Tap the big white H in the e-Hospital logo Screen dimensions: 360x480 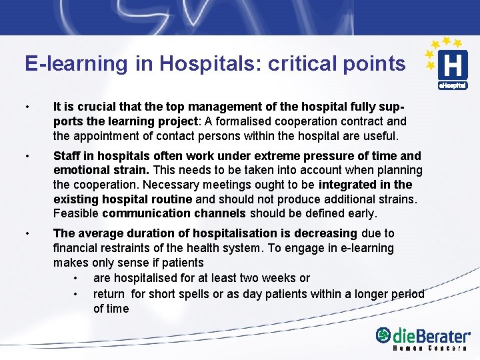click(453, 66)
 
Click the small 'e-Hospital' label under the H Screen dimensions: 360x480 click(453, 85)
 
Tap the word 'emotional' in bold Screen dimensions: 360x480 click(80, 170)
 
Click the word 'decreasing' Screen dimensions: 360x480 click(324, 233)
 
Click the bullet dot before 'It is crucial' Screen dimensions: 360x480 click(27, 107)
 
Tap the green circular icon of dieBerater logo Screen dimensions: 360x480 click(383, 335)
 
